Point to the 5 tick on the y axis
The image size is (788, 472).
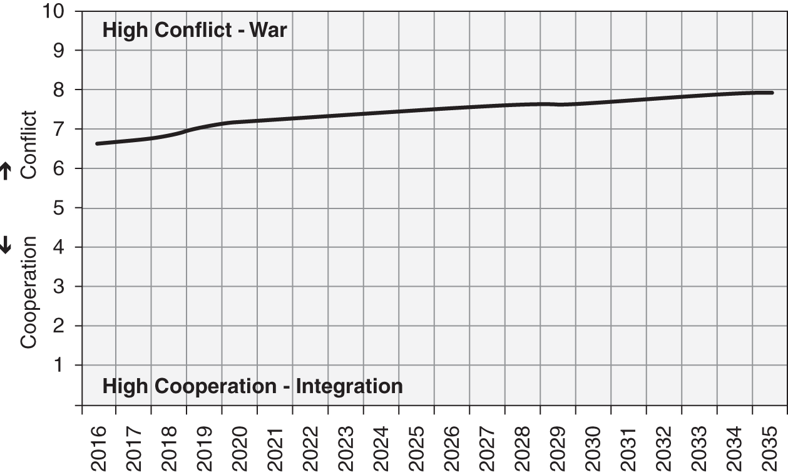click(x=60, y=208)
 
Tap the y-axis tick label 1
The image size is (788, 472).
click(x=60, y=365)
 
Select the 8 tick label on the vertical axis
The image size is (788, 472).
click(x=60, y=90)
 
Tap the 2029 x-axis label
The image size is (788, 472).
click(x=558, y=446)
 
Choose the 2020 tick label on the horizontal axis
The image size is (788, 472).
click(x=241, y=446)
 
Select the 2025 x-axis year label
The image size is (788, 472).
click(x=417, y=446)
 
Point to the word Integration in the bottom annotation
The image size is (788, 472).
click(x=349, y=386)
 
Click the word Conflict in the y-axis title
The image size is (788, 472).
click(x=29, y=145)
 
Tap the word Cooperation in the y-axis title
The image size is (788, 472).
click(x=29, y=292)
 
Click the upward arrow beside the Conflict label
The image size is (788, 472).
click(x=6, y=171)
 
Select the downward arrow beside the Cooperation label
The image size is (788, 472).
click(x=6, y=246)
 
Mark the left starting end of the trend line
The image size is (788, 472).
click(x=97, y=143)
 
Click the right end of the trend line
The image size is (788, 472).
click(x=772, y=93)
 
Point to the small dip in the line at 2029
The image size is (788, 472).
click(x=559, y=105)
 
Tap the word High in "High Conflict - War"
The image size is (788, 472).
click(x=123, y=30)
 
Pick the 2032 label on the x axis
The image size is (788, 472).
click(x=665, y=446)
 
